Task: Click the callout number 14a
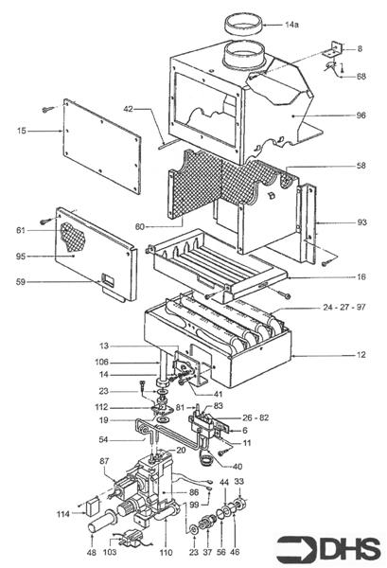point(291,25)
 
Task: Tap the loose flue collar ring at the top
point(243,25)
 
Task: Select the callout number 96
point(361,115)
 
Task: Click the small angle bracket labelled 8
point(333,49)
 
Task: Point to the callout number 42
point(129,108)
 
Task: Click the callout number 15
point(22,131)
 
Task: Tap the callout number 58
point(361,165)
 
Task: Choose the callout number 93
point(361,222)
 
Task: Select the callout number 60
point(139,227)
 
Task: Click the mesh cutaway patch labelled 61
point(74,236)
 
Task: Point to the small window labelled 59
point(108,280)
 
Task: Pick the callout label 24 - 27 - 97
point(343,307)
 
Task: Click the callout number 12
point(361,355)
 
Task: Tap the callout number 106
point(101,362)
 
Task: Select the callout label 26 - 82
point(255,417)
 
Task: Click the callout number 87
point(104,461)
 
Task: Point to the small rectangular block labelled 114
point(92,506)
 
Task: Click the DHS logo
point(328,548)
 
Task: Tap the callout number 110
point(167,552)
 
